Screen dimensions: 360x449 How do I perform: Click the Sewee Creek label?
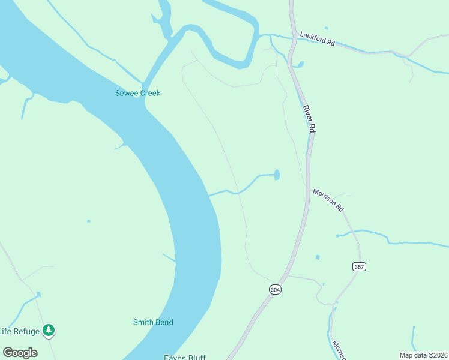point(138,93)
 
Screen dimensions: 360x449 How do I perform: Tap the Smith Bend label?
point(153,322)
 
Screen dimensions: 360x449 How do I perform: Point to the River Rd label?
point(309,118)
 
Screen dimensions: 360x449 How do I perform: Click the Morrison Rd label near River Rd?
point(328,200)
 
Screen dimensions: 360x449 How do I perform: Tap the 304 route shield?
point(275,289)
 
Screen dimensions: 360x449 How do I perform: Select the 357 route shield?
point(359,266)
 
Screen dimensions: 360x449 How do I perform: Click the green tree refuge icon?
point(49,330)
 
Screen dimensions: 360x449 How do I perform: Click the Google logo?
point(20,353)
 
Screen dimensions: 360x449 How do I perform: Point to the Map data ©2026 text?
point(423,355)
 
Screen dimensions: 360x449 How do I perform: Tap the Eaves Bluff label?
point(185,358)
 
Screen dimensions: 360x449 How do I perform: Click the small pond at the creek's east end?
point(277,175)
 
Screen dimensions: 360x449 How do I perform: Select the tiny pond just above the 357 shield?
point(318,257)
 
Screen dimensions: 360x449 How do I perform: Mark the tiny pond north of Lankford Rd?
point(326,28)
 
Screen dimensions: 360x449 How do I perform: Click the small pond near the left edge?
point(38,294)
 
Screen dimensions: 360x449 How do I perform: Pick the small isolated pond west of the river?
point(89,221)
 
